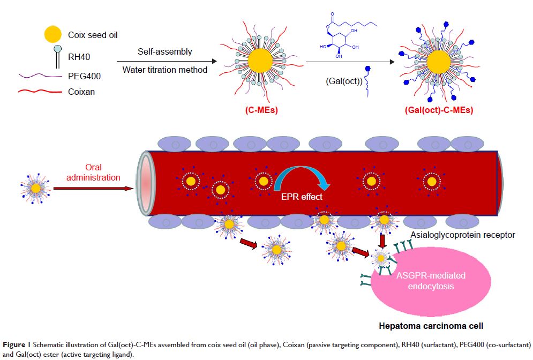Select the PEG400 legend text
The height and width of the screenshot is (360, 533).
[x=85, y=76]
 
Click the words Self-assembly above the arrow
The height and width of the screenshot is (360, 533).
[x=157, y=52]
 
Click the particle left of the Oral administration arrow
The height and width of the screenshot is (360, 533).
[x=35, y=188]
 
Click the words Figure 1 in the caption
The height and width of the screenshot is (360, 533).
[x=14, y=342]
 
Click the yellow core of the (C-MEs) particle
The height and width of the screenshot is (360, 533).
[x=250, y=58]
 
